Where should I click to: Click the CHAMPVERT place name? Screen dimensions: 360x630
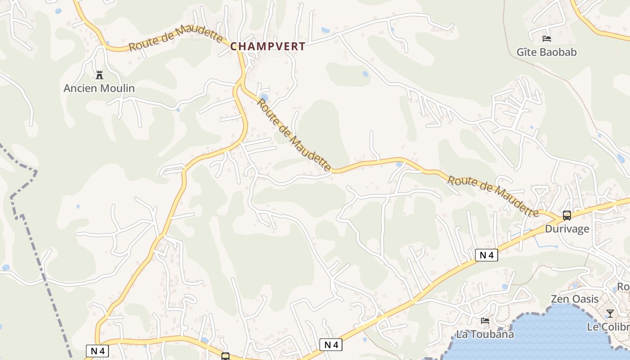(268, 46)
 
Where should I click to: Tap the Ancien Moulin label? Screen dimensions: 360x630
(99, 88)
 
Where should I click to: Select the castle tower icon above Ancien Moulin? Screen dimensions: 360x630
(99, 75)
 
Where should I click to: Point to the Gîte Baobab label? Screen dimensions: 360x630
(546, 52)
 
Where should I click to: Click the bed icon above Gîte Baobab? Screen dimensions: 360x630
(547, 39)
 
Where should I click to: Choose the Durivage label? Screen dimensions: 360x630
(567, 229)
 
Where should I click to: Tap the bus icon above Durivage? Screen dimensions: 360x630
(567, 216)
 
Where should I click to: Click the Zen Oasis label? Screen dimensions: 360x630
(575, 299)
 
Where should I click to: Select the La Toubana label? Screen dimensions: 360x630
(485, 334)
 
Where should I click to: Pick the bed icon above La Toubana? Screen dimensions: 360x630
(485, 321)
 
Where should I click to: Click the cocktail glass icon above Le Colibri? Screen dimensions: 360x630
(610, 313)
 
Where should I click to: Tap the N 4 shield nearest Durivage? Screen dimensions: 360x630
(486, 255)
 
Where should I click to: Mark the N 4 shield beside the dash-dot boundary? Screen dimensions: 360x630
(97, 351)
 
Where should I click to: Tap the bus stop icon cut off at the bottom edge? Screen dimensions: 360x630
(225, 357)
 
